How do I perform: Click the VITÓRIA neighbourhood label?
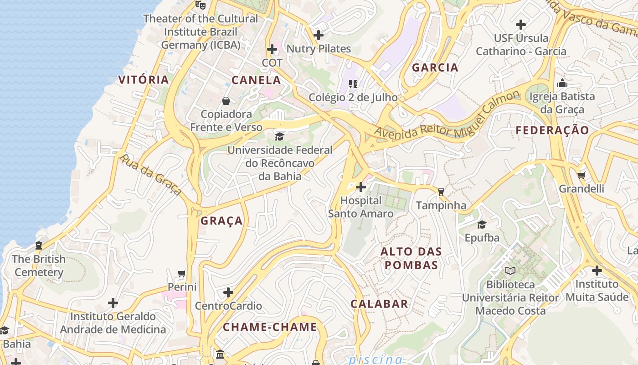[x=144, y=79]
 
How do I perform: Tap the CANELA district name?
[x=256, y=80]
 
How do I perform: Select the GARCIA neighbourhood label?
[x=435, y=68]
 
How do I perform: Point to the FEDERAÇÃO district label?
[x=552, y=130]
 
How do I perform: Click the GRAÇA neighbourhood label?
[x=222, y=221]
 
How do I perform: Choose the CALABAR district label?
[x=379, y=304]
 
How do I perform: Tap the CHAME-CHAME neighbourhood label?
[x=270, y=327]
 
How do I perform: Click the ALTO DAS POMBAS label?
[x=411, y=258]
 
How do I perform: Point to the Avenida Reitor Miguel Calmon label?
[x=447, y=114]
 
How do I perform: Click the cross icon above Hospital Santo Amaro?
[x=361, y=187]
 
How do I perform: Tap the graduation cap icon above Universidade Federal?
[x=279, y=136]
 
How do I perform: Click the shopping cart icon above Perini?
[x=182, y=274]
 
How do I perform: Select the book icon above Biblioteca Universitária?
[x=510, y=271]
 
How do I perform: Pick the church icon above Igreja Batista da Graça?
[x=562, y=83]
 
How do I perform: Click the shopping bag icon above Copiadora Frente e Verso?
[x=226, y=101]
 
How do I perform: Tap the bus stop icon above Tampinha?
[x=441, y=192]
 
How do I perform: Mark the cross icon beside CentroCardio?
[x=228, y=292]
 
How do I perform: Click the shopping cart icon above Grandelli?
[x=581, y=175]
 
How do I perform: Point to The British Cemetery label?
[x=39, y=266]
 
